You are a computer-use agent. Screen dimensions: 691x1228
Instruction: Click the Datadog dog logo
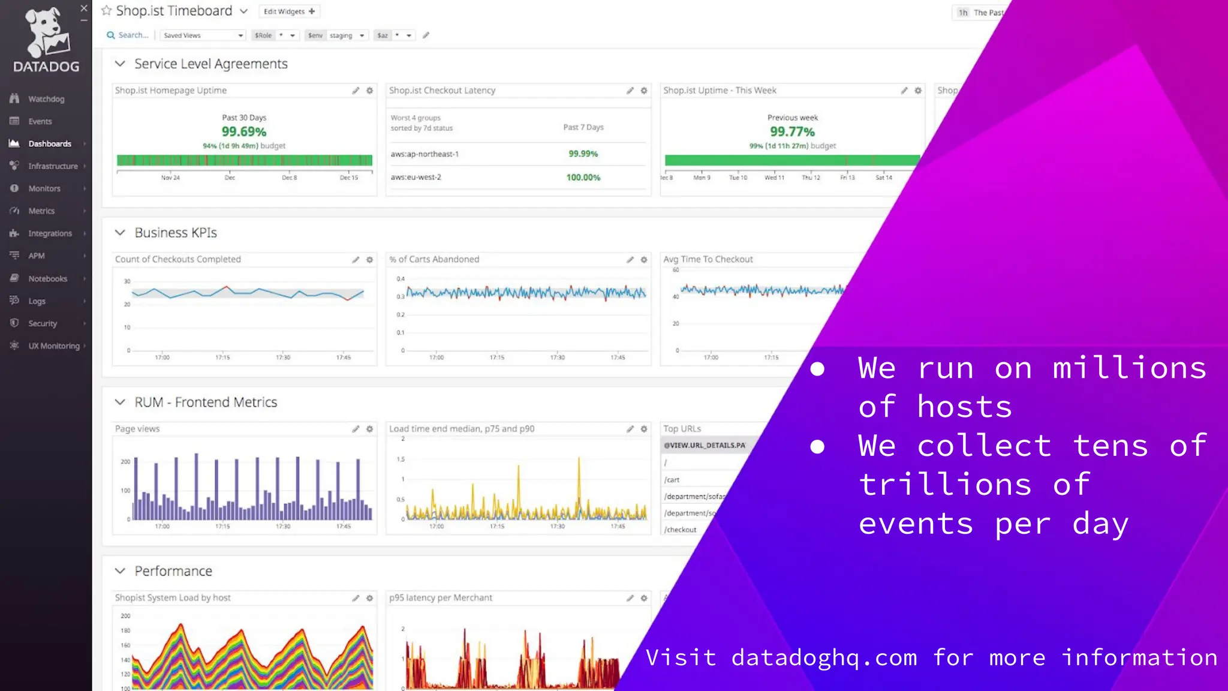[47, 32]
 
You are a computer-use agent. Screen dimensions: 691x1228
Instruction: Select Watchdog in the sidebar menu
[46, 99]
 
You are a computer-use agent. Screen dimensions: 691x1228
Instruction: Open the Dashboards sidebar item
[49, 144]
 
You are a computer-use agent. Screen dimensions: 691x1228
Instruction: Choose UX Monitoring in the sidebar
[53, 346]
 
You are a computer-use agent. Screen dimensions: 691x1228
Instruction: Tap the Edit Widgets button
[289, 11]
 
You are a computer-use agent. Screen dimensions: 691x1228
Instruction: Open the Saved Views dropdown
[203, 35]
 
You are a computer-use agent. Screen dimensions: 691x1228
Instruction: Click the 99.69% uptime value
[243, 131]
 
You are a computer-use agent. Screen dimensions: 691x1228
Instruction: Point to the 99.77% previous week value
[792, 131]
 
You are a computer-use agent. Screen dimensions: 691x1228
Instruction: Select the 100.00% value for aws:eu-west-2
[583, 178]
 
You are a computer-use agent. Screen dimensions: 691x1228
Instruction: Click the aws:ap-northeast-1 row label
[425, 154]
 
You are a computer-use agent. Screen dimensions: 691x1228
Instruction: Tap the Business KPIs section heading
[175, 233]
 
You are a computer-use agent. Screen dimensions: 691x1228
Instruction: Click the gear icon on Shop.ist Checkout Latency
[644, 91]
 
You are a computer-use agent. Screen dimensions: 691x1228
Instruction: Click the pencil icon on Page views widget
[356, 429]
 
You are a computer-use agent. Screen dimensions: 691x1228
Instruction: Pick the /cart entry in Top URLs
[672, 480]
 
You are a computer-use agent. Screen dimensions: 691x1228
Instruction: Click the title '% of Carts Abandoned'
[434, 259]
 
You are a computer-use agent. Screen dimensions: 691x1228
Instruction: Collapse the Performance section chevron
[120, 571]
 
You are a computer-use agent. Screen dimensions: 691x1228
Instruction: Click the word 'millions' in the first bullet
[1130, 368]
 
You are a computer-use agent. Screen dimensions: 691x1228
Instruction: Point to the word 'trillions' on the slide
[945, 485]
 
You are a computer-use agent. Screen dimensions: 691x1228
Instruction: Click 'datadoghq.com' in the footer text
[824, 658]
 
